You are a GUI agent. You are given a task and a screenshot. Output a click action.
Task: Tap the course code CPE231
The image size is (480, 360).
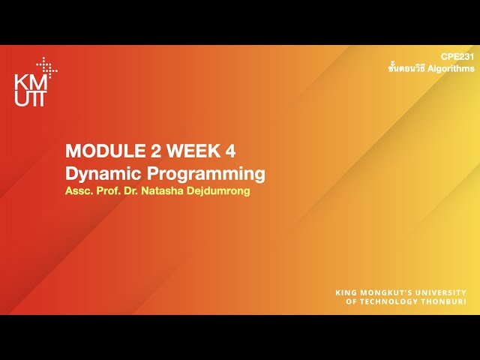point(457,57)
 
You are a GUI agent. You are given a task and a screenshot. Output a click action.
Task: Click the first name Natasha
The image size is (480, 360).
point(166,191)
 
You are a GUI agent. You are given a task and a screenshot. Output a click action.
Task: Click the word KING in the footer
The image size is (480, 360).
point(346,292)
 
